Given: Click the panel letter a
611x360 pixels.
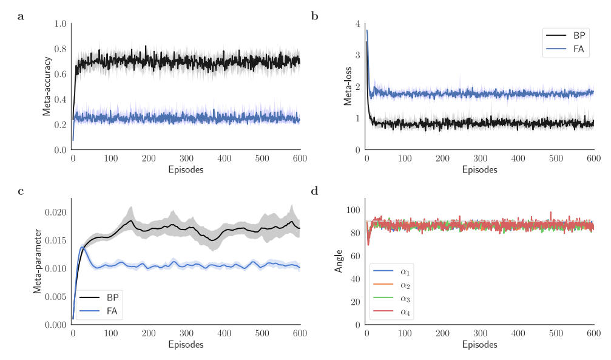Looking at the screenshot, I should click(21, 16).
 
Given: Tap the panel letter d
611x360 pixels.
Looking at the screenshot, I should click(315, 191).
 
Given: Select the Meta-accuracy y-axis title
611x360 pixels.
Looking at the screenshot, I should click(47, 86).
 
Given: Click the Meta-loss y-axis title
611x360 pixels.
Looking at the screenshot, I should click(348, 87).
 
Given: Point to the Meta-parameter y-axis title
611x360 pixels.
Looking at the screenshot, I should click(38, 261).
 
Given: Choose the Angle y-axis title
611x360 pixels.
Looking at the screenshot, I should click(340, 261).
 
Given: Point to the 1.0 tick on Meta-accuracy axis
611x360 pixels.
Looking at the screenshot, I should click(61, 24).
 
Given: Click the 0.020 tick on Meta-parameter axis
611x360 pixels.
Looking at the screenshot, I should click(55, 212).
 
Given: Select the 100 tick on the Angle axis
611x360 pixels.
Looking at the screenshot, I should click(353, 210).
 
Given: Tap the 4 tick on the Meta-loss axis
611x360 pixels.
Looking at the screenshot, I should click(358, 24).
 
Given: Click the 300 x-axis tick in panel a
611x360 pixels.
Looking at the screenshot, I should click(186, 158).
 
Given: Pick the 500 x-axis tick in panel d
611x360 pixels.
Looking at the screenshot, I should click(556, 333).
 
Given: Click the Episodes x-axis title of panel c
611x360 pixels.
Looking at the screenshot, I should click(186, 344).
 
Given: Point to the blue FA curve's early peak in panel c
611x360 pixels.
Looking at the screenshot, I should click(83, 247).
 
